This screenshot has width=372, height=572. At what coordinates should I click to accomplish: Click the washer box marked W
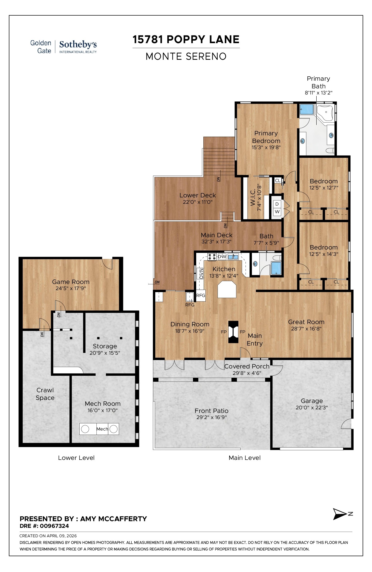pos(277,212)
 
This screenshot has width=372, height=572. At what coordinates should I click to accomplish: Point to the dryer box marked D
pos(277,204)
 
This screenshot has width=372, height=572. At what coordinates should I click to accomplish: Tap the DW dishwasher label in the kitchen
pos(222,257)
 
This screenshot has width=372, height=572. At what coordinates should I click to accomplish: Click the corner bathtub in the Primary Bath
pos(325,113)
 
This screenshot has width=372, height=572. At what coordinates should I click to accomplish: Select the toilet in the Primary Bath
pos(330,150)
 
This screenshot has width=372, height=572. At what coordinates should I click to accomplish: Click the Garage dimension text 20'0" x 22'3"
pos(312,408)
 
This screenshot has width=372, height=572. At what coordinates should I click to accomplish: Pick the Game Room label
pos(71,282)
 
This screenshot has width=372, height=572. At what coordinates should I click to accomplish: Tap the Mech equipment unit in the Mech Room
pos(99,429)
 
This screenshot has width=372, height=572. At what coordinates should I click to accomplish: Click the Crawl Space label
pos(45,394)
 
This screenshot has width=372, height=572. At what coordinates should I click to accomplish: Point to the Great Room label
pos(306,322)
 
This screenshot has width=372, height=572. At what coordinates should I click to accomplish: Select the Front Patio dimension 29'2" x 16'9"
pos(211,417)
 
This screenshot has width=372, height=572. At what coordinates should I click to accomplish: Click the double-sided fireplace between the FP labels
pos(233,332)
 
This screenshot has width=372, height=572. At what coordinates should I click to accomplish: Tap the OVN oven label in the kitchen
pos(201,274)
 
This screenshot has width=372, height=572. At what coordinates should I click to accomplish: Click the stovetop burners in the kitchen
pos(212,257)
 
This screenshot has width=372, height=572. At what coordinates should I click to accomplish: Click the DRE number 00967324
pos(54,526)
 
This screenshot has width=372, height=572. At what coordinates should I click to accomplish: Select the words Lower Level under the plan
pos(76,458)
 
